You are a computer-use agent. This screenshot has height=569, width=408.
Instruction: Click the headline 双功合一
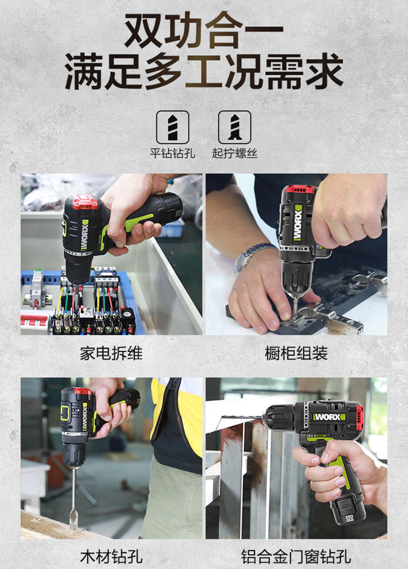coord(203,30)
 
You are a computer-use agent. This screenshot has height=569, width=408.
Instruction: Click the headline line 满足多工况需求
coord(204,71)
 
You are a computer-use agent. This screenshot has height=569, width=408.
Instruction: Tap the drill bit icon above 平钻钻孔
coord(172,127)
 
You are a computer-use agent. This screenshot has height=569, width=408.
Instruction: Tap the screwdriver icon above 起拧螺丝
coord(234,127)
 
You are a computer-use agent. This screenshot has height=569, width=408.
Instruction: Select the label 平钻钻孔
coord(172,153)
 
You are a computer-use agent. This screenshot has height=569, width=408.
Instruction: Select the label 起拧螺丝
coord(234,153)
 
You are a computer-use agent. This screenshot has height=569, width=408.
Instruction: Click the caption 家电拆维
coord(112,353)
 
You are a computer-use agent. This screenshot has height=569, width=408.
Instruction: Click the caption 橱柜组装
coord(296,353)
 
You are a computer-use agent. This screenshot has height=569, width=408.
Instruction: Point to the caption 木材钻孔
coord(112,557)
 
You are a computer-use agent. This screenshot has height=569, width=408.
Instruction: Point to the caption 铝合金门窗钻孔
coord(296,557)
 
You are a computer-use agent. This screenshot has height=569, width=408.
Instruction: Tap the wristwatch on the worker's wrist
coord(250,256)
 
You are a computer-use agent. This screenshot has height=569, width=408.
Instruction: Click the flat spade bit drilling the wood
coord(74,501)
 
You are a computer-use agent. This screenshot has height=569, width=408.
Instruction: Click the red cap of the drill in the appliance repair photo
coord(85,202)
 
